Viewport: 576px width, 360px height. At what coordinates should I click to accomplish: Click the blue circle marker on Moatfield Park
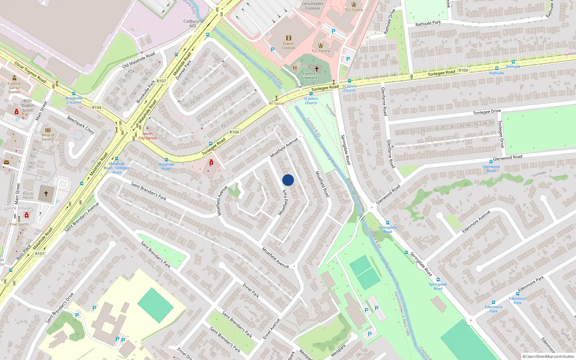[288, 180]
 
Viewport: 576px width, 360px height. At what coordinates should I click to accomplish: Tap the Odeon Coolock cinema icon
[288, 38]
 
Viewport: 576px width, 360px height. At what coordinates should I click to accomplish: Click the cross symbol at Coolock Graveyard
[316, 69]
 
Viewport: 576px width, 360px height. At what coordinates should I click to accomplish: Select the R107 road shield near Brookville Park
[161, 81]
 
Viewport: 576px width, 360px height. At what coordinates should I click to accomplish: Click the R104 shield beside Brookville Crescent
[96, 107]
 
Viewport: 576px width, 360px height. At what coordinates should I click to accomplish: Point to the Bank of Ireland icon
[48, 130]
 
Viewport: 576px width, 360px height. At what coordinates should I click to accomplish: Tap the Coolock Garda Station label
[14, 87]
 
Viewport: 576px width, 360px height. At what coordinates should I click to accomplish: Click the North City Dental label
[148, 136]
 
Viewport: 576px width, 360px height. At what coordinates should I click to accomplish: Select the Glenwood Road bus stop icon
[491, 162]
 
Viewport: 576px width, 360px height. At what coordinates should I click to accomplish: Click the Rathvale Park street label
[428, 23]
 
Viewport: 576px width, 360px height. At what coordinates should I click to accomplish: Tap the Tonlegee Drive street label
[487, 112]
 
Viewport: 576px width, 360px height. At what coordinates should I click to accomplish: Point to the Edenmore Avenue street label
[476, 222]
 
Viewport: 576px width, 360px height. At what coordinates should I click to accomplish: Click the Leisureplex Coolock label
[312, 6]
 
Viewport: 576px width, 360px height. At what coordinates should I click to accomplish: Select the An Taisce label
[276, 103]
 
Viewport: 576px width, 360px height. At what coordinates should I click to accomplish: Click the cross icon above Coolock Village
[46, 194]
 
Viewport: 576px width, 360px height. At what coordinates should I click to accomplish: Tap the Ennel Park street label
[251, 291]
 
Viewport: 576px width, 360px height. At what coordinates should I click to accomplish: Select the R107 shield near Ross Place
[40, 254]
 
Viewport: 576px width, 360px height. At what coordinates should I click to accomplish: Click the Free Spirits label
[19, 224]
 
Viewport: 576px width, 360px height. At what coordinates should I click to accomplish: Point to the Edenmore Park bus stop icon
[493, 302]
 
